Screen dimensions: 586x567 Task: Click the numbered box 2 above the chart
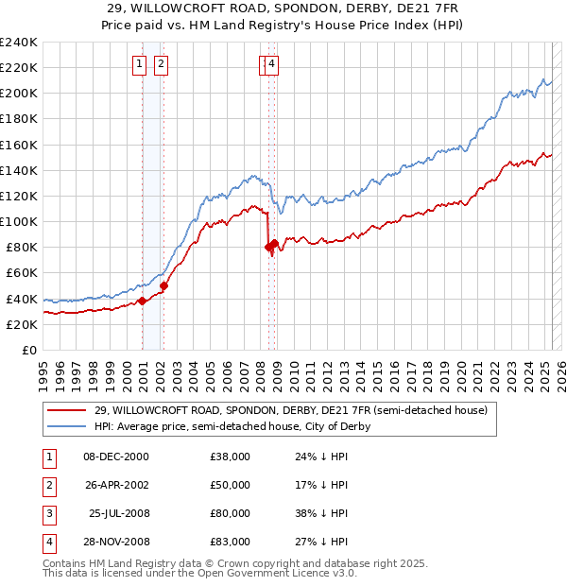[161, 64]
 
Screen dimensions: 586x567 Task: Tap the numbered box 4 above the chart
[272, 64]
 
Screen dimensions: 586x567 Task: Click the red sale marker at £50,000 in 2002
[163, 285]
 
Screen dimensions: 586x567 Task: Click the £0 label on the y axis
[29, 350]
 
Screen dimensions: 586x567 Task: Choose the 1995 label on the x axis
[43, 372]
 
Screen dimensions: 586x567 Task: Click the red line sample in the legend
[66, 410]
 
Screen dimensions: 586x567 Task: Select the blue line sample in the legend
[66, 426]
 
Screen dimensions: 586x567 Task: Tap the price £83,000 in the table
[230, 543]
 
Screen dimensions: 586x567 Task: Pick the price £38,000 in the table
[230, 457]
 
